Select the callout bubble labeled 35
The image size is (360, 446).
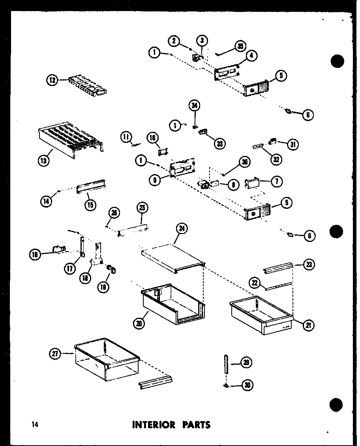[240, 46]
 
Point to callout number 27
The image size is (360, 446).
[56, 354]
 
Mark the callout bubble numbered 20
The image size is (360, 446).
[139, 323]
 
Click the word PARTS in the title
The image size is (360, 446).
[196, 425]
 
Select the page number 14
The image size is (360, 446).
[35, 425]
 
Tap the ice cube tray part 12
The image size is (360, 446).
[88, 84]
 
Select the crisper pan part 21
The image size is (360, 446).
[261, 318]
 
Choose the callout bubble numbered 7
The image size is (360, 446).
[277, 181]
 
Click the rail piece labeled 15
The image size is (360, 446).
[91, 186]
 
